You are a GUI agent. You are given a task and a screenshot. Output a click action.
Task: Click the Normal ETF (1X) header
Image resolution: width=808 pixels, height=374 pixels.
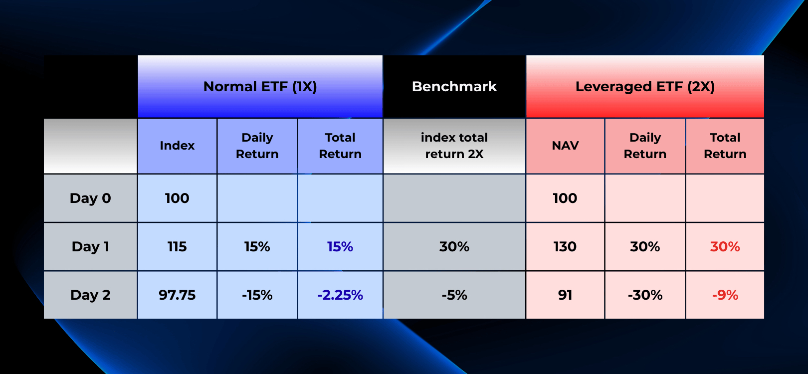260,87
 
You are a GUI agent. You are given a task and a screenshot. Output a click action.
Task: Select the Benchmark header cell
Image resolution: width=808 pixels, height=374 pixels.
454,87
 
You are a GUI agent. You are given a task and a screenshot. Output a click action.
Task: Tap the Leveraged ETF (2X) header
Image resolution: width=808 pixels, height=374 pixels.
645,87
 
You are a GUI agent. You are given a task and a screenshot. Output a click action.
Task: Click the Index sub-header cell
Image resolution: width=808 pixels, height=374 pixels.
177,146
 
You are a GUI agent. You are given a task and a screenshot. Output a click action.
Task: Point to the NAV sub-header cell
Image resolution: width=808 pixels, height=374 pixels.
565,146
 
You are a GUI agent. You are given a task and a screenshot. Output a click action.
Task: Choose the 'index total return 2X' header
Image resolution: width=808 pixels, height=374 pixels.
454,146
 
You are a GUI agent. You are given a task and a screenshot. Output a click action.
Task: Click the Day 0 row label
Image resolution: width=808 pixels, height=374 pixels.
90,198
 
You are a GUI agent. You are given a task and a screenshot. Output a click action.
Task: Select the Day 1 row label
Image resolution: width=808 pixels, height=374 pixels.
90,246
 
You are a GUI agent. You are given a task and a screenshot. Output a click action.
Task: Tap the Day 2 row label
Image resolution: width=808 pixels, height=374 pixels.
90,295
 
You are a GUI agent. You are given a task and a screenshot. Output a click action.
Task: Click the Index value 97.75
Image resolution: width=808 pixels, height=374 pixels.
177,295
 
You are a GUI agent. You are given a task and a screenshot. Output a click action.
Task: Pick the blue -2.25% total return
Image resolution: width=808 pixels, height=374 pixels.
340,295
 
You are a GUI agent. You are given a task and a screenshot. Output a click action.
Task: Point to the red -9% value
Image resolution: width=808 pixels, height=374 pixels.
725,295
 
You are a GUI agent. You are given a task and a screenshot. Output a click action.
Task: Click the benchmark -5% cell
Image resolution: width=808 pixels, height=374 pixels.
454,295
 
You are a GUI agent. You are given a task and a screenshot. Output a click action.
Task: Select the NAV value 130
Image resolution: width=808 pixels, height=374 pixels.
565,246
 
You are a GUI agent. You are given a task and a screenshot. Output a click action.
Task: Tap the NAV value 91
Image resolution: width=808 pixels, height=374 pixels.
565,295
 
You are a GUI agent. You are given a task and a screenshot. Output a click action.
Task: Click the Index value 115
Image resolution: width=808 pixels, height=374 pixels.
177,246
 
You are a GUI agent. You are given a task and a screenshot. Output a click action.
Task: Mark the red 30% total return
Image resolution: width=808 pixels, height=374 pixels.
725,246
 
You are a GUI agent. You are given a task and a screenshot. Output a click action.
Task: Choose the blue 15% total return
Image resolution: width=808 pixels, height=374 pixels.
340,246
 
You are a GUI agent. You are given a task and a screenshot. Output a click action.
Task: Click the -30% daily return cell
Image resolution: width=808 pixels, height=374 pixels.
645,295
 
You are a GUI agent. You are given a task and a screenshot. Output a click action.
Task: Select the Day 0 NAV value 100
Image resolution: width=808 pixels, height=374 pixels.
565,198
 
